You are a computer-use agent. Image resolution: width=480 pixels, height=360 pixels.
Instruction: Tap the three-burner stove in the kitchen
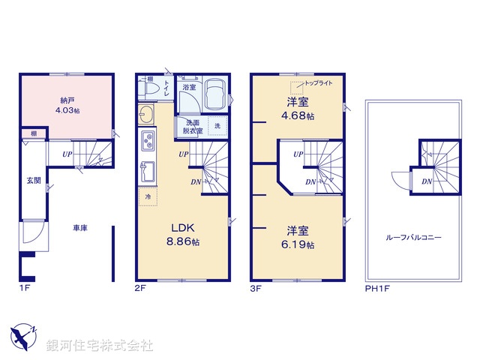click(x=146, y=140)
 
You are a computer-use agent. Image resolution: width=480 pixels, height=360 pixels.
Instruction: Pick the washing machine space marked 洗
click(x=217, y=126)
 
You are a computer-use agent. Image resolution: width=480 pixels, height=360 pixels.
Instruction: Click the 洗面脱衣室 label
click(x=188, y=127)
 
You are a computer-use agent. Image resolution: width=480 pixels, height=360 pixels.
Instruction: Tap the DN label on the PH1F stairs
click(x=426, y=181)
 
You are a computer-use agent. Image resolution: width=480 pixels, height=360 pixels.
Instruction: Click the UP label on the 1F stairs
click(x=67, y=154)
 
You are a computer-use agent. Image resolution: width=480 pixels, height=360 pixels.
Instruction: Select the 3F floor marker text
click(x=256, y=286)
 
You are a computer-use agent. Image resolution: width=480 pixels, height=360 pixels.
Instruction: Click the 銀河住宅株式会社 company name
click(x=100, y=346)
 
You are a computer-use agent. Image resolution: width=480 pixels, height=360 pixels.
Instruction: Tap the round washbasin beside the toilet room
click(x=145, y=113)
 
